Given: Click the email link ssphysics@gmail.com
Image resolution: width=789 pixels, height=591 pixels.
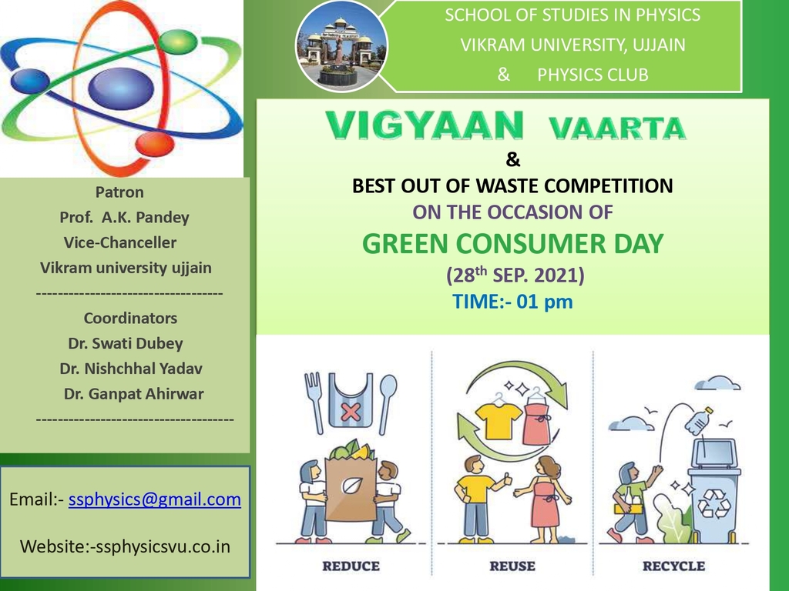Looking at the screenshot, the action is (x=154, y=499).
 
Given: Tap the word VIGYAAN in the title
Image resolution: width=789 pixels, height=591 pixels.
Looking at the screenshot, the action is (x=425, y=125).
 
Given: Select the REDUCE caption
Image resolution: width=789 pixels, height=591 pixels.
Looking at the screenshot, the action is (x=351, y=566).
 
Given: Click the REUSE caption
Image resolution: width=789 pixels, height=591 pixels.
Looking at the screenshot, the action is (x=512, y=566).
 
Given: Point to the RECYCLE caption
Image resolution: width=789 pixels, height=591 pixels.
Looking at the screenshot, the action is (x=673, y=566).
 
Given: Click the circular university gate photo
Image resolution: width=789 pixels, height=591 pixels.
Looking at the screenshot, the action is (x=341, y=46).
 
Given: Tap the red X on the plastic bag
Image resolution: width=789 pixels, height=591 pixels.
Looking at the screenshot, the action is (x=351, y=412).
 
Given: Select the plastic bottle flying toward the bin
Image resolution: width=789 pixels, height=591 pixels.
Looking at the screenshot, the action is (x=700, y=421).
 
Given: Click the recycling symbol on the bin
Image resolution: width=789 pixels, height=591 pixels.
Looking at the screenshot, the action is (x=713, y=503).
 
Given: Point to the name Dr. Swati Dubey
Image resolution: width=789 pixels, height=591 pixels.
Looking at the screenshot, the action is (x=126, y=343).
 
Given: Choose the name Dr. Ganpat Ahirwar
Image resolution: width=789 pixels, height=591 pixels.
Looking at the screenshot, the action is (x=133, y=393).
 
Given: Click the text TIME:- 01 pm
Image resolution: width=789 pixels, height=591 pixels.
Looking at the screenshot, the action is (x=512, y=302).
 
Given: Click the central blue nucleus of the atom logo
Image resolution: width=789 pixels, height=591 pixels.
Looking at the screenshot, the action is (x=121, y=88).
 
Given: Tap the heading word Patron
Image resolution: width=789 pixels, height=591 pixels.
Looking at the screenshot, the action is (x=119, y=192).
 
